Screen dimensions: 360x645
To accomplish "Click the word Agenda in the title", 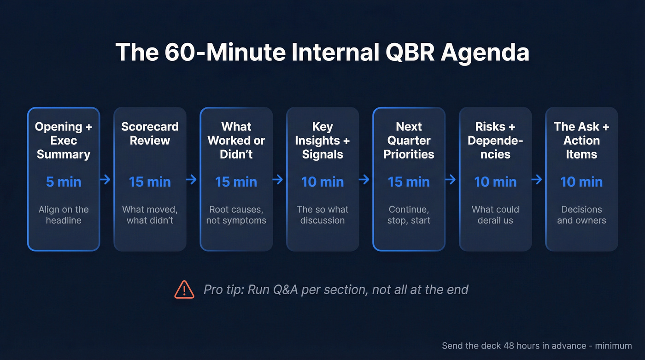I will coord(484,53).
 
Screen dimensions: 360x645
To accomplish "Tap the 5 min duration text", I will coord(64,182).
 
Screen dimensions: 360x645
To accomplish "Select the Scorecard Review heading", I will coord(150,134).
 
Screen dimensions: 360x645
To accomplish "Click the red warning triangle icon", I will coord(184,289).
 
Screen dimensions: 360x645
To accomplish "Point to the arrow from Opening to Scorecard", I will coord(106,179).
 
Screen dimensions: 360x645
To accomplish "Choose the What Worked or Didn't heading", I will coord(236,140).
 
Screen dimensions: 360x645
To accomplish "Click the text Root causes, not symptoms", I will coord(236,215).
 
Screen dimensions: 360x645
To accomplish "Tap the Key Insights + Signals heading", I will coord(322,140).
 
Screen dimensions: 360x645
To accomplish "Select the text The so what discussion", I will coord(322,215).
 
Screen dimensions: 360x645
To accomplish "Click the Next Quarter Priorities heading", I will coord(409,140).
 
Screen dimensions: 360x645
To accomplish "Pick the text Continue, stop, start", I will coord(409,215).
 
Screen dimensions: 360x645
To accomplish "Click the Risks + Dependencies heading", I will coord(495,140).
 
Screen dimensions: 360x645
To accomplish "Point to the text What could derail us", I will coord(495,215).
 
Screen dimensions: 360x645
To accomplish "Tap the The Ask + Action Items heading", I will coord(581,140).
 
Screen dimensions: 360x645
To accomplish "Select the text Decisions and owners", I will coord(581,215).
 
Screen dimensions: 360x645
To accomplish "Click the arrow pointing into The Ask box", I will coord(537,179).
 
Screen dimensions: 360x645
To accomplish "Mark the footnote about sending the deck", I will coord(537,346).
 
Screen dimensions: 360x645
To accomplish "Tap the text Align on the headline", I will coord(64,215).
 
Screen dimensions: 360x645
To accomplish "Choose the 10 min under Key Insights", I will coord(322,182).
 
